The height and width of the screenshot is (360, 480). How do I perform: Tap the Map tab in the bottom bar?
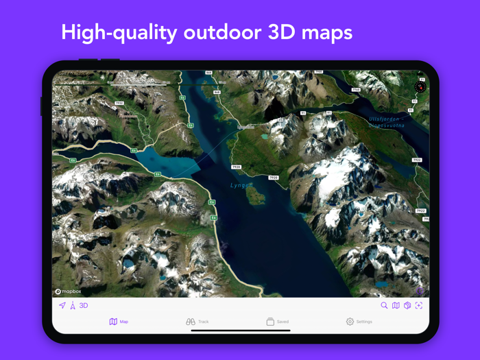point(119,322)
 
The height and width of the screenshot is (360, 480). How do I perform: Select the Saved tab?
point(277,322)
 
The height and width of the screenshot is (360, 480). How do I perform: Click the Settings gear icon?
point(350,322)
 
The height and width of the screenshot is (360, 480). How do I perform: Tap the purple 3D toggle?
point(84,306)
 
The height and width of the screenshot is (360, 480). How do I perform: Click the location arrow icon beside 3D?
point(62,306)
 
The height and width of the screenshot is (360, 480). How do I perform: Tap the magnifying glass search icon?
point(384,306)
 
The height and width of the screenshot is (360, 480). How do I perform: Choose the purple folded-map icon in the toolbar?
point(396,306)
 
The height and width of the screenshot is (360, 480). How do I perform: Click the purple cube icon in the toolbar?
point(407,306)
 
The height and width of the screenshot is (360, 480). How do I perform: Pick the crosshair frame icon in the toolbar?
point(419,306)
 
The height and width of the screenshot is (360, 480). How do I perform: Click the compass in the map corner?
point(420,87)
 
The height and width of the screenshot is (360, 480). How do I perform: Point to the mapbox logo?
point(69,291)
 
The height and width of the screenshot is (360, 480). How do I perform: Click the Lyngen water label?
point(241,185)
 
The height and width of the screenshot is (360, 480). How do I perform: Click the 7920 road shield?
point(236,167)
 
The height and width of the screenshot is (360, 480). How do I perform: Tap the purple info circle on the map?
point(420,291)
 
